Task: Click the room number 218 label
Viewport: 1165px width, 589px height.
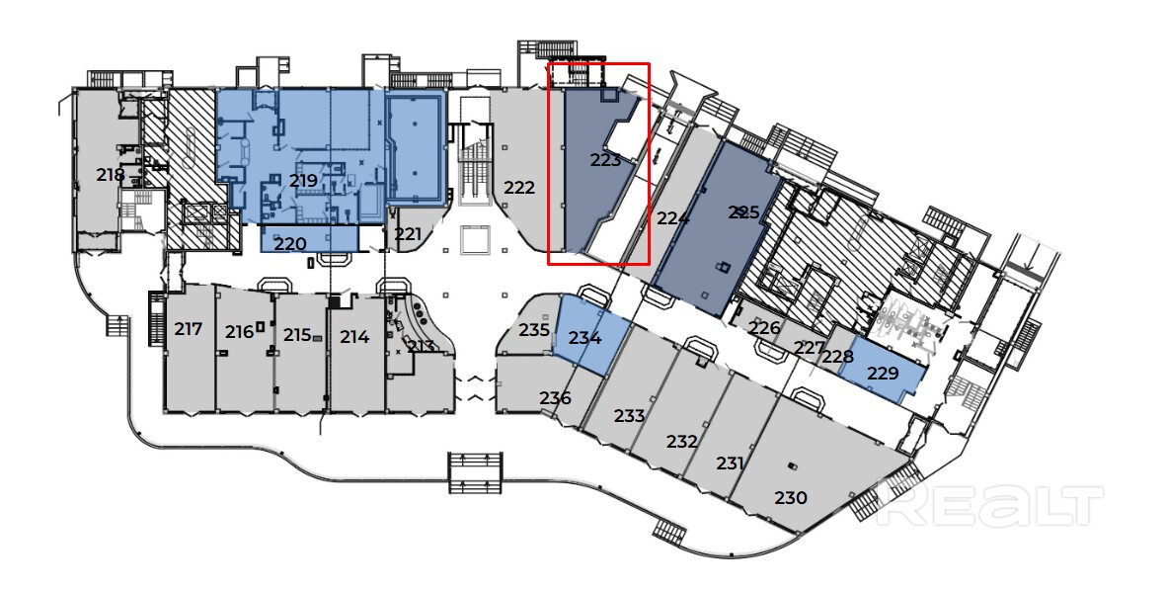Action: pos(111,175)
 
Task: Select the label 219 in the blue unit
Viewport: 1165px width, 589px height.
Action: pos(303,181)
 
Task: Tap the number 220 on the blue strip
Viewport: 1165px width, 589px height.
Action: pos(289,243)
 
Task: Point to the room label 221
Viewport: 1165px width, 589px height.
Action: pos(408,234)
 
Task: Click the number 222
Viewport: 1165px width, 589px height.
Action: pos(519,188)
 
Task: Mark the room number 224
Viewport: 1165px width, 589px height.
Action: pos(672,218)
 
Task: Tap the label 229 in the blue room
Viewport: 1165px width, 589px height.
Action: pos(883,374)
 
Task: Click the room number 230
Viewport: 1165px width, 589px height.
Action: pos(792,498)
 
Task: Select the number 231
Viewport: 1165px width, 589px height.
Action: pos(731,463)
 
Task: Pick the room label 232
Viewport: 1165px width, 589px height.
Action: pos(682,441)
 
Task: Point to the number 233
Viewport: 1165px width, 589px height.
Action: pos(629,416)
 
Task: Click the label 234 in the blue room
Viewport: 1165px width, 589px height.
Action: pos(585,338)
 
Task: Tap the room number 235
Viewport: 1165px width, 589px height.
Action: pos(534,329)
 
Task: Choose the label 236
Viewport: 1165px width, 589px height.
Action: pos(555,398)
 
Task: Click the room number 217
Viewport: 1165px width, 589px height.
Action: pos(188,329)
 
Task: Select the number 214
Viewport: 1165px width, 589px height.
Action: pos(354,337)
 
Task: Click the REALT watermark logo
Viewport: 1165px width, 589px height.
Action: pos(988,506)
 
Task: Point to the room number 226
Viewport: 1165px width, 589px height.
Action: pos(764,328)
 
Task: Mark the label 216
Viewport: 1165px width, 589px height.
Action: pos(239,332)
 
